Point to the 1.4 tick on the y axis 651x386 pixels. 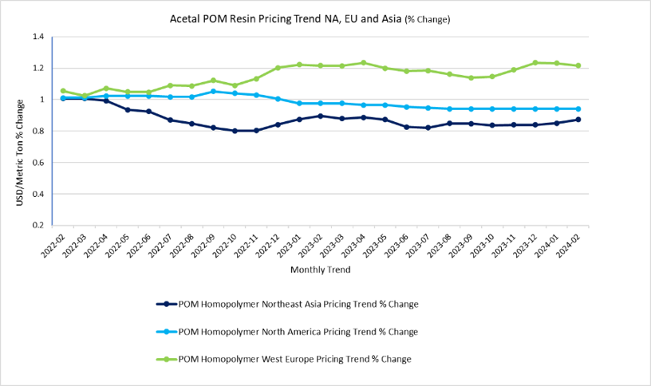37,37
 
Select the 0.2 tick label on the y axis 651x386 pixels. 37,225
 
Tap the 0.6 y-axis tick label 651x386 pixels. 37,162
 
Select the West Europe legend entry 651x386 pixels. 294,359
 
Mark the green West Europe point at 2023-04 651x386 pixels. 364,62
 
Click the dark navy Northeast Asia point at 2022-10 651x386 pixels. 235,131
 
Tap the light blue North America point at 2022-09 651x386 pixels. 213,91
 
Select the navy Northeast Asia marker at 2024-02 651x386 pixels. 578,120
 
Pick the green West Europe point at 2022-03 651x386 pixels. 85,96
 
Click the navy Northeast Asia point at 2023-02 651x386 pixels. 321,116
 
